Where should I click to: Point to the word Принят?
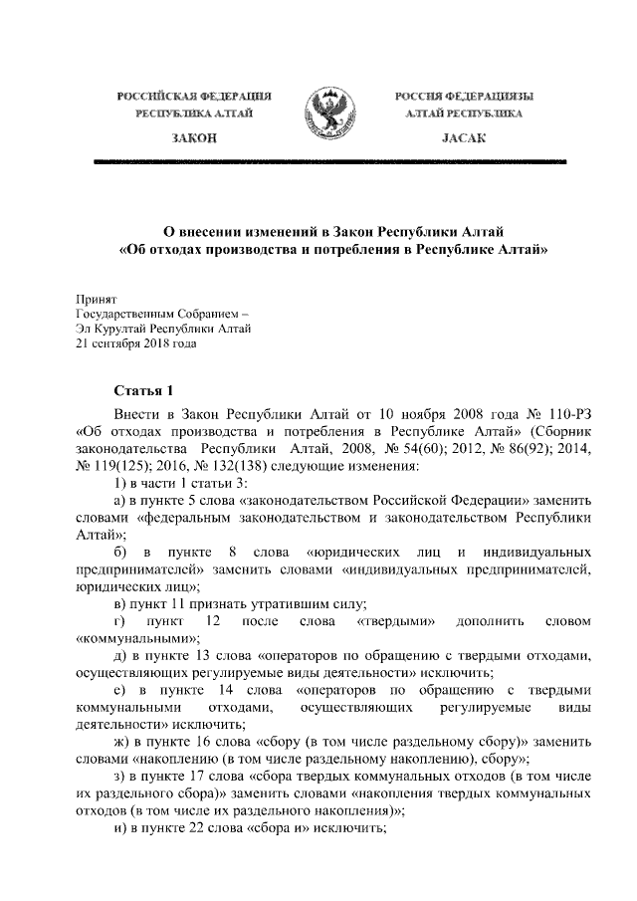click(x=97, y=298)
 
